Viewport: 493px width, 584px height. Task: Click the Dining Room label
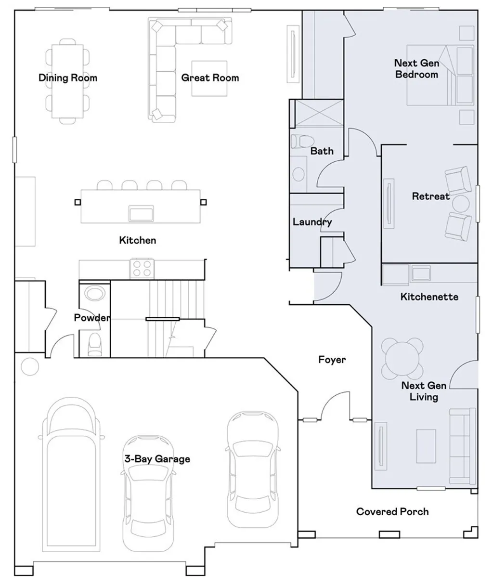[68, 78]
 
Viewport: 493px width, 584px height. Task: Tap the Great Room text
[210, 78]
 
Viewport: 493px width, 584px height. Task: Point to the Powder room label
[91, 318]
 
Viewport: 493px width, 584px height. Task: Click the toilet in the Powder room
[95, 344]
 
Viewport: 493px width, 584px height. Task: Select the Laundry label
[312, 222]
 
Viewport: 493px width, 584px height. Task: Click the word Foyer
[332, 360]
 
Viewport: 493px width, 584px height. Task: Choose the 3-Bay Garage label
[157, 459]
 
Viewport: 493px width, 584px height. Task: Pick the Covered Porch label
[392, 511]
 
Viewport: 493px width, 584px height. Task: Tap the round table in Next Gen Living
[402, 358]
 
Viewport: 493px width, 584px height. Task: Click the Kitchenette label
[429, 297]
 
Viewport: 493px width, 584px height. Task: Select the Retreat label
[430, 196]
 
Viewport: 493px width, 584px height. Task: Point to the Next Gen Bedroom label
[416, 68]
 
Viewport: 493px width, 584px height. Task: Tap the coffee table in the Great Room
[209, 78]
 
